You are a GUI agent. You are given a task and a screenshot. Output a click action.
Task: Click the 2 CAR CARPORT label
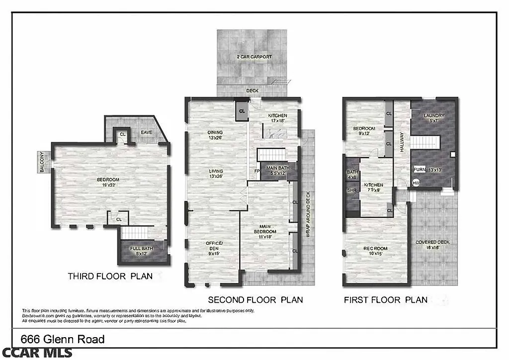click(254, 57)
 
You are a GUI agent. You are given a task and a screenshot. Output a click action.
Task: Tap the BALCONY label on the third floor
click(42, 162)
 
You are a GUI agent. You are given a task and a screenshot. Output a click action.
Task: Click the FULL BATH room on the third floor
click(142, 251)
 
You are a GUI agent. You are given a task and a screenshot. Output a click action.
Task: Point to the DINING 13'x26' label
click(215, 135)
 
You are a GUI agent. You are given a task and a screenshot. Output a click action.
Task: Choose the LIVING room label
click(216, 174)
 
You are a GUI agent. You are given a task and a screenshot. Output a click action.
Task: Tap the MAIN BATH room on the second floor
click(278, 171)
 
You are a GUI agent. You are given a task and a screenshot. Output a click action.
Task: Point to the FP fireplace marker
click(257, 172)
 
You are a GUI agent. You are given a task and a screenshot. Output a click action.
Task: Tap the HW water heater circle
click(416, 183)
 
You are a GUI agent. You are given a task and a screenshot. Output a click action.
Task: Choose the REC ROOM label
click(376, 251)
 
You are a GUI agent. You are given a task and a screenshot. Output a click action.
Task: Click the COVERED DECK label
click(432, 245)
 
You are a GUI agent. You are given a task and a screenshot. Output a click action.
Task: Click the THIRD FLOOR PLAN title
click(110, 276)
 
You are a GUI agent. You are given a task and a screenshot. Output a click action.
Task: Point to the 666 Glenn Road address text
click(63, 340)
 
